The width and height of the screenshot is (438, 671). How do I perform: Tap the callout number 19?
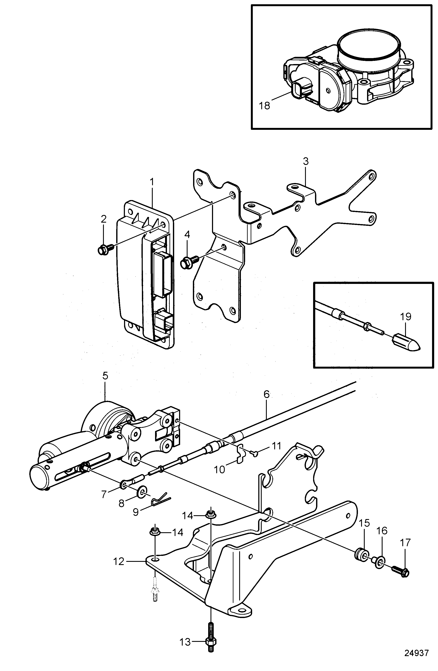pos(406,317)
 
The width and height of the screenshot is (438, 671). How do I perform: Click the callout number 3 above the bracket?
pos(306,162)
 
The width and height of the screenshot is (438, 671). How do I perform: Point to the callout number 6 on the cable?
pos(266,394)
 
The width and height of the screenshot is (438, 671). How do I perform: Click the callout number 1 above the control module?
pos(152,182)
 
